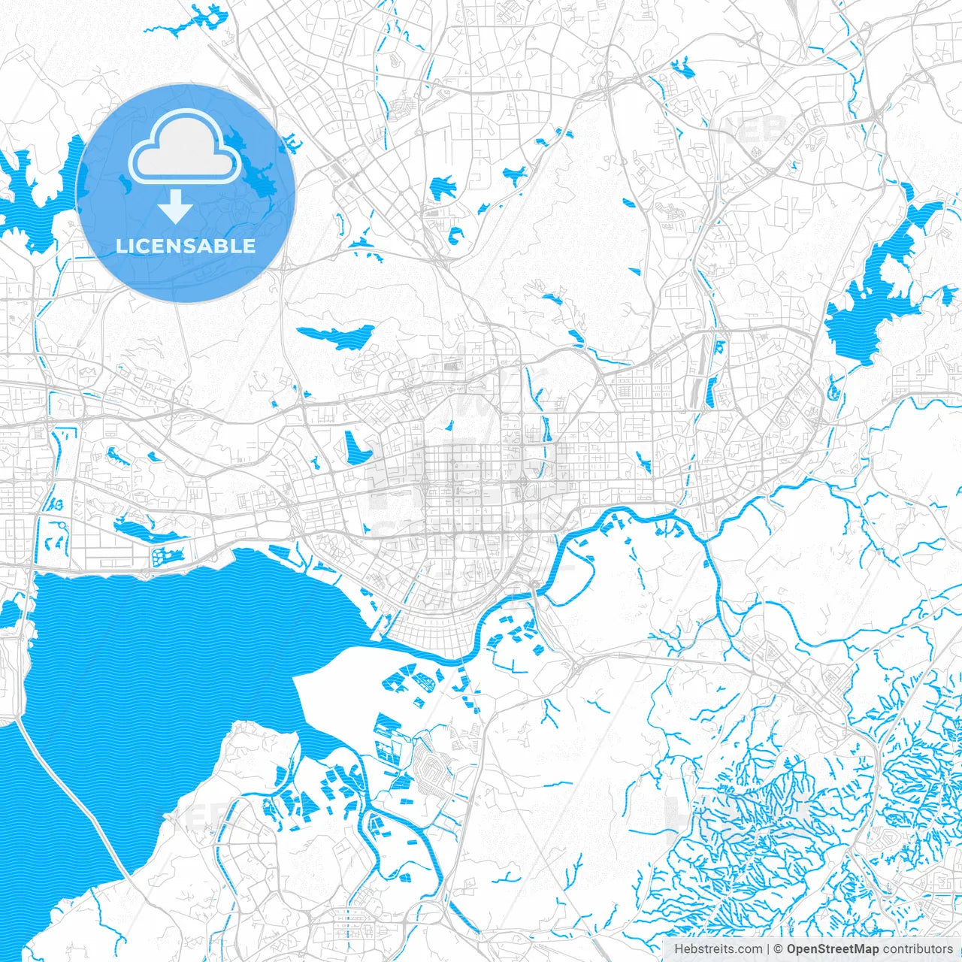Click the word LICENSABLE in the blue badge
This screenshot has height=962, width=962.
[186, 246]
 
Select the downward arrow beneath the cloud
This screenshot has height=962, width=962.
[175, 206]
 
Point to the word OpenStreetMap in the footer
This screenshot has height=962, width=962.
[832, 949]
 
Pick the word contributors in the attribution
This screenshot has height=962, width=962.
[917, 949]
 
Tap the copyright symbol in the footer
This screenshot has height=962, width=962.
[779, 949]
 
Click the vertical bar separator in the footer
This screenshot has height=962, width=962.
[768, 949]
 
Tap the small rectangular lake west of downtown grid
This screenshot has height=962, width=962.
[355, 448]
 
